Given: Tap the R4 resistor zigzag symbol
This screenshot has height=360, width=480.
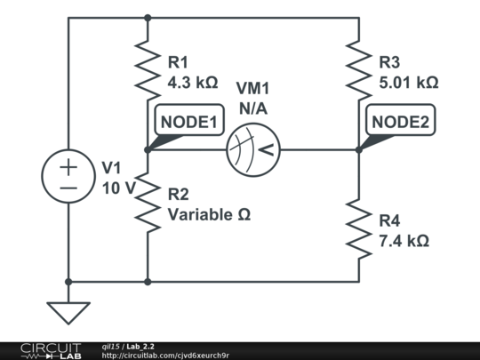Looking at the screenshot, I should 359,228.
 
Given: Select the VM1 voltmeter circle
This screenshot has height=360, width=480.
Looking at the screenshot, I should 252,149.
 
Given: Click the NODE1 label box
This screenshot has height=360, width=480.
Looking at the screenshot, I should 188,123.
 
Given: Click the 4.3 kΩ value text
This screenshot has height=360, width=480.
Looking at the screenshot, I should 193,82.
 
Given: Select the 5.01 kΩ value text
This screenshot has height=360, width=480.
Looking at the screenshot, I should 408,82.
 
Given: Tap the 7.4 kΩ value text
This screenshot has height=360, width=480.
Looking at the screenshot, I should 404,240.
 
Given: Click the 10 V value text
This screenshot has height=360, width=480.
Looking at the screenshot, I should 118,188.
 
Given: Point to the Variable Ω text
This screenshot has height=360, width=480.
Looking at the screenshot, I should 209,214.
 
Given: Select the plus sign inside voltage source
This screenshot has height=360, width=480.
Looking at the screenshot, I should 68,166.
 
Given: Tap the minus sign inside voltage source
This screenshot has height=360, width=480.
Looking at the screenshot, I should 68,188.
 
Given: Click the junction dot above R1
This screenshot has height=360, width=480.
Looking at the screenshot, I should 147,17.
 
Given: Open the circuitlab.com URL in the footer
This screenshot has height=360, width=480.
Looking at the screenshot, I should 165,356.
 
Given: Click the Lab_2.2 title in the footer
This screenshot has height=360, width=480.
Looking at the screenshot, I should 140,347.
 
